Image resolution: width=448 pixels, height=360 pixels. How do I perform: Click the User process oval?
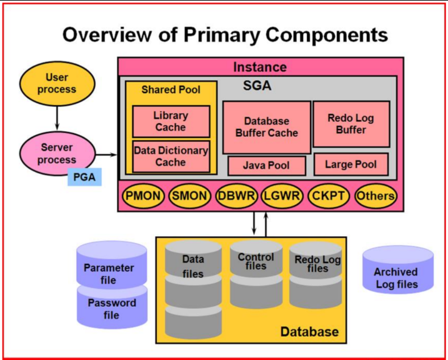[x=57, y=83]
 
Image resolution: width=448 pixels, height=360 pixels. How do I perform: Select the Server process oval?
[x=57, y=153]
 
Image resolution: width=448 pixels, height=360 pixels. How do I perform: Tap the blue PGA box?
[x=84, y=177]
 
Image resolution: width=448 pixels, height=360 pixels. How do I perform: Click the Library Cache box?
[x=171, y=121]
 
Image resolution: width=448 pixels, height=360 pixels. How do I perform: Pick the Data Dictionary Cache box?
[x=171, y=156]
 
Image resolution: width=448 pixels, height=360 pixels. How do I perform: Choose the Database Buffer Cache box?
[x=267, y=127]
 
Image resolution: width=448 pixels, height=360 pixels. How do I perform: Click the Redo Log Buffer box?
[x=351, y=124]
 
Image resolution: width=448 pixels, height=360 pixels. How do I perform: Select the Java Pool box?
[x=267, y=166]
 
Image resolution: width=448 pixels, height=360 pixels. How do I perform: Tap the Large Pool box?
[x=351, y=164]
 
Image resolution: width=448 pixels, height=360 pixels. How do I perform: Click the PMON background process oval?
[x=143, y=196]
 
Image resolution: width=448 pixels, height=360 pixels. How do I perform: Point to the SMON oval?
[x=189, y=196]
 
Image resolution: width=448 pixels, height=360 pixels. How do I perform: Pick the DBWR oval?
[x=236, y=196]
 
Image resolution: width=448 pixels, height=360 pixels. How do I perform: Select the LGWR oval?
[x=282, y=196]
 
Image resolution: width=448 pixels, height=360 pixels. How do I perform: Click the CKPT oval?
[x=328, y=196]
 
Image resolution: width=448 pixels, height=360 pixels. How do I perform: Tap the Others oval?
[x=376, y=196]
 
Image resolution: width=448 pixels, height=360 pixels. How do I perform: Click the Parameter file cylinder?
[x=112, y=265]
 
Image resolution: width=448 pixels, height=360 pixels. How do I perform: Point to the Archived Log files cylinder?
[x=398, y=270]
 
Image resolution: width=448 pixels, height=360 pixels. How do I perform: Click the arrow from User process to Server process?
[x=57, y=118]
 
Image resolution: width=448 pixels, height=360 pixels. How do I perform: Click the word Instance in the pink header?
[x=260, y=67]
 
